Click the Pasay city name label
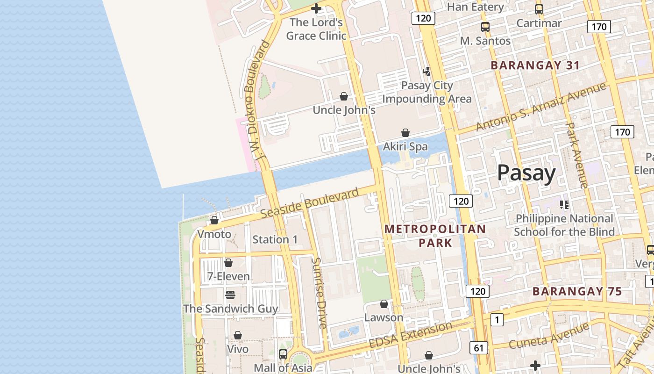(x=526, y=173)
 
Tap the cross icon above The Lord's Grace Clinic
(x=316, y=8)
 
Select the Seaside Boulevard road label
(x=310, y=203)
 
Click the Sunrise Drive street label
(x=319, y=293)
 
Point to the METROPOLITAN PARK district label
(x=435, y=236)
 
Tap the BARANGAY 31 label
(x=535, y=65)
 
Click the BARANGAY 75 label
(x=577, y=292)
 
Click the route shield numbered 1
(x=497, y=320)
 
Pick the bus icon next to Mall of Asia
(x=283, y=354)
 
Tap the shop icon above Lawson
(x=384, y=304)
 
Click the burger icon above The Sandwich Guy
(x=230, y=295)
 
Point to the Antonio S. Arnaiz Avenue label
(x=540, y=107)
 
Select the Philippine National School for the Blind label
(x=564, y=225)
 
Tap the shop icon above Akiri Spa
(x=405, y=133)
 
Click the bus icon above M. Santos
(x=485, y=27)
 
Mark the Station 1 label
(x=275, y=239)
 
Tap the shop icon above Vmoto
(x=214, y=220)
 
